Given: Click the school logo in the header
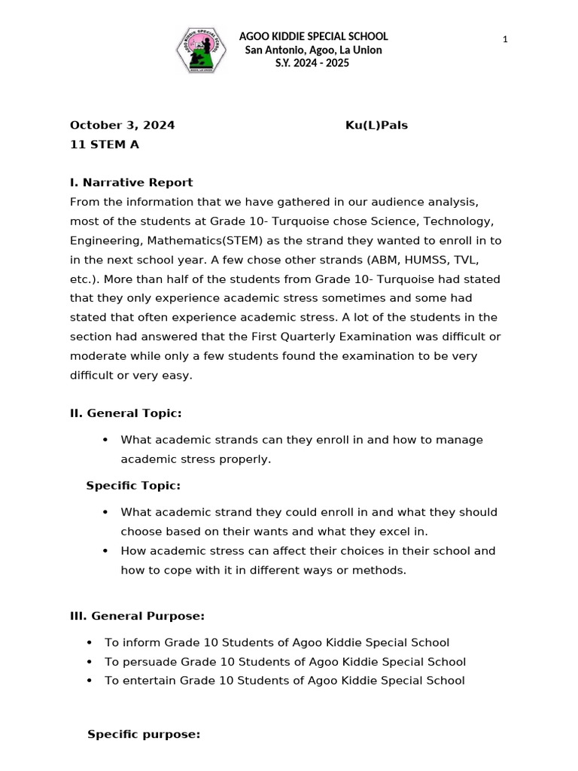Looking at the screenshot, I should (199, 50).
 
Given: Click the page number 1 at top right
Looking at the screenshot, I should (506, 39).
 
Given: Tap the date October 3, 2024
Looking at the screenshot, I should (122, 125).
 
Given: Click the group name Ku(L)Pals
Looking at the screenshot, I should (376, 125).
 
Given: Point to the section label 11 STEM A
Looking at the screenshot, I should (105, 145).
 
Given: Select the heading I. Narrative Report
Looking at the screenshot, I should (131, 182).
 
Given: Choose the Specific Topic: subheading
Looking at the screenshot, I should (133, 486).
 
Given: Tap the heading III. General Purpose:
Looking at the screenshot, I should (137, 616).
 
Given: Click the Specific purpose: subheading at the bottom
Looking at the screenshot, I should (144, 734).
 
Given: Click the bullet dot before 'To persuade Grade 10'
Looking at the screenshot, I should (90, 662).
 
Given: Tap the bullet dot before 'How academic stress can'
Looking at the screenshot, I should (105, 551).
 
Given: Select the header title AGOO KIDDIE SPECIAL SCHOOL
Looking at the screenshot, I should (313, 36).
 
